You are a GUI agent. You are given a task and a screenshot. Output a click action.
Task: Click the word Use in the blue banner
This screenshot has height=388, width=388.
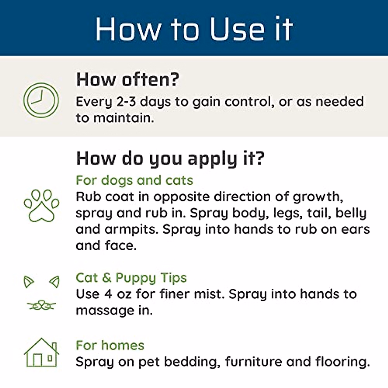pyautogui.click(x=237, y=29)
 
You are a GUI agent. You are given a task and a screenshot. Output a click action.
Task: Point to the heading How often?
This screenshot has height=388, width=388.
pyautogui.click(x=127, y=80)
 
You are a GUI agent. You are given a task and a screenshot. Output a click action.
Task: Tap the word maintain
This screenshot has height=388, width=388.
pyautogui.click(x=124, y=118)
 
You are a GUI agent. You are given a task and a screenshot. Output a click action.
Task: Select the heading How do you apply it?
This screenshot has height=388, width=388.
pyautogui.click(x=170, y=158)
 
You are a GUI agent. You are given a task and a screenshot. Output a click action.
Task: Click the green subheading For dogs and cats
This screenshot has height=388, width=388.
pyautogui.click(x=134, y=180)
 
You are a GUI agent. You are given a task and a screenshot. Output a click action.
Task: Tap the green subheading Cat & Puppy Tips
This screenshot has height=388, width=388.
pyautogui.click(x=131, y=278)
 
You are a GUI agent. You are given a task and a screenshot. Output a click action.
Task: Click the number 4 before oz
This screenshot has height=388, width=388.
pyautogui.click(x=108, y=294)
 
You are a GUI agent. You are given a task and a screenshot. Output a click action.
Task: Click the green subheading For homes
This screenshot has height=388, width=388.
pyautogui.click(x=110, y=345)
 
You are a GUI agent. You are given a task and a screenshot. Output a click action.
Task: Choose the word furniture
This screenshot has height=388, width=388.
pyautogui.click(x=253, y=361)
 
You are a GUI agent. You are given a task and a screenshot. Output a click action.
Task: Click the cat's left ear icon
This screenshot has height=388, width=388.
pyautogui.click(x=29, y=282)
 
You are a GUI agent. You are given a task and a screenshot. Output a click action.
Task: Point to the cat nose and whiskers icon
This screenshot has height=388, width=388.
pyautogui.click(x=41, y=306)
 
